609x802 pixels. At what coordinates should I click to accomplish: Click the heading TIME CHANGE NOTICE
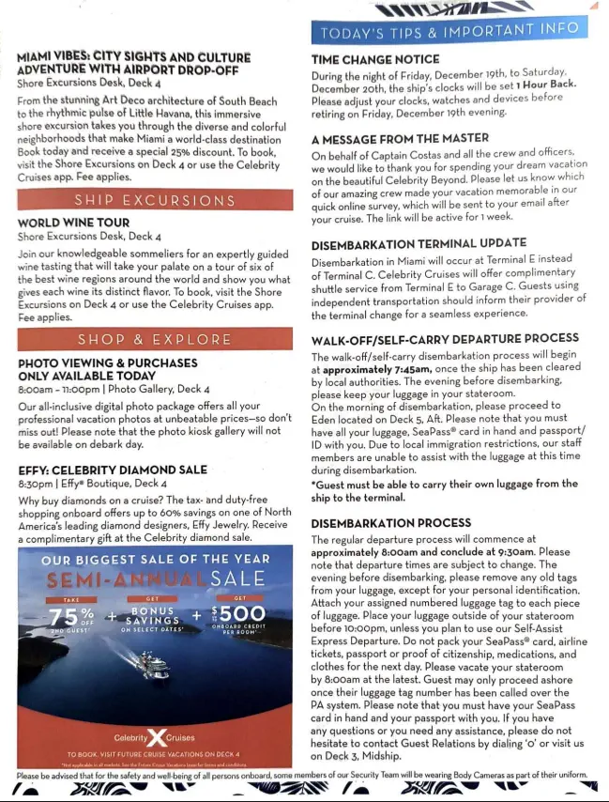point(375,59)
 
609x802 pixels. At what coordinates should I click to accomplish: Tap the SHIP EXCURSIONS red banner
point(155,200)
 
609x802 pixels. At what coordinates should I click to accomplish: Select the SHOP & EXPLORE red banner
point(155,340)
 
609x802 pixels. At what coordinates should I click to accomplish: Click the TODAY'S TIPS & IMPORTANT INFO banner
point(449,31)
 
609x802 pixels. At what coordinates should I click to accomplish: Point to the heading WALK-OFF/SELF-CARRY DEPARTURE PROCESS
point(445,339)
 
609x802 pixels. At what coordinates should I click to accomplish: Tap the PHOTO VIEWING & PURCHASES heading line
point(108,362)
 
